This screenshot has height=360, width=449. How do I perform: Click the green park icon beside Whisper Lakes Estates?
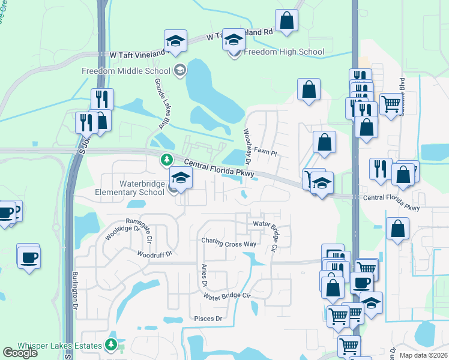tap(111, 344)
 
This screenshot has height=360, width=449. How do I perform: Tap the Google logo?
tap(20, 352)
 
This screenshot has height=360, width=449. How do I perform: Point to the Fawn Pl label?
tap(265, 152)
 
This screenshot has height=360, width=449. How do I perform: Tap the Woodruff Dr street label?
tap(154, 254)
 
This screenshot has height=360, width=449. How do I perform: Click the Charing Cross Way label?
tap(229, 244)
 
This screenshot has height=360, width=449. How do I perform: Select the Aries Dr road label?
tap(204, 275)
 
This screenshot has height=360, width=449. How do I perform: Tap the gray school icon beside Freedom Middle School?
tap(179, 71)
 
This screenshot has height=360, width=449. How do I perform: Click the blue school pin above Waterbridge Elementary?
tap(181, 177)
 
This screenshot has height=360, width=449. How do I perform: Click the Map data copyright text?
tap(423, 355)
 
